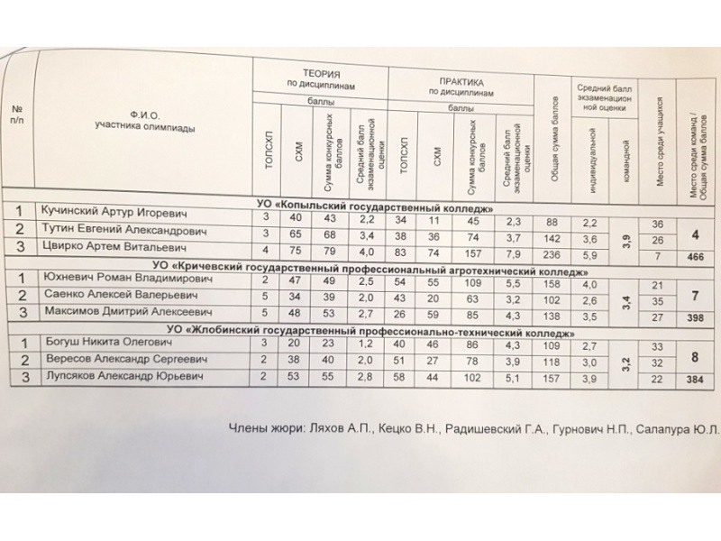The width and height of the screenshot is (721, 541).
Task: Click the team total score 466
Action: point(696,257)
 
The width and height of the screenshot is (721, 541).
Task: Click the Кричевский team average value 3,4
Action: point(623,299)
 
